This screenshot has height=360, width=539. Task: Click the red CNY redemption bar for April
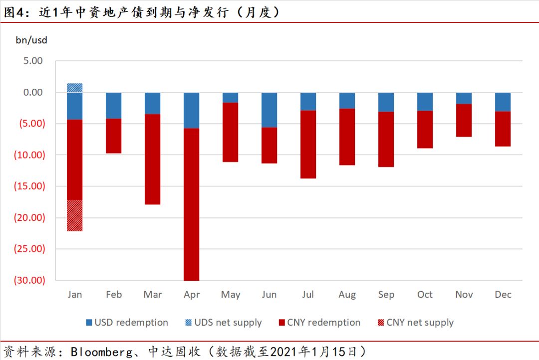click(x=192, y=204)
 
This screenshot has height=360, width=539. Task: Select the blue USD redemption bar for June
click(x=269, y=110)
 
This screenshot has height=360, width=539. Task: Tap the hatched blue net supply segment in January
click(x=75, y=88)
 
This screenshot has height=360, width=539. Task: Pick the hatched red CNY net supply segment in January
click(x=75, y=215)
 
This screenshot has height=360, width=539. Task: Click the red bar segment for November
click(x=464, y=120)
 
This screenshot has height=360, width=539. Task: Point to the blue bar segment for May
click(x=230, y=97)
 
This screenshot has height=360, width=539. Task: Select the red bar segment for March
click(x=152, y=159)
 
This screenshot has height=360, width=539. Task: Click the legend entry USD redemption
click(x=127, y=323)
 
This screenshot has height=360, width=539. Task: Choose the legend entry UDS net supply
click(x=222, y=323)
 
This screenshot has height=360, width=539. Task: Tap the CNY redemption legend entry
click(x=319, y=323)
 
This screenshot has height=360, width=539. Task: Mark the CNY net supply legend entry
click(x=414, y=323)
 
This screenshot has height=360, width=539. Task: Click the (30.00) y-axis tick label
click(x=30, y=280)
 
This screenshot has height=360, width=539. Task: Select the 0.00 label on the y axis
click(x=33, y=92)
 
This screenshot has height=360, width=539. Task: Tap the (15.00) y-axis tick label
click(x=30, y=186)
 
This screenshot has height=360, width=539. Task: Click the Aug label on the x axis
click(x=347, y=295)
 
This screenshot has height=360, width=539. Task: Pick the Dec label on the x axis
click(x=503, y=295)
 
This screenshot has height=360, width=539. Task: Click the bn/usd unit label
click(x=31, y=40)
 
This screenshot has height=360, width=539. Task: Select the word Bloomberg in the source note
click(x=101, y=352)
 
